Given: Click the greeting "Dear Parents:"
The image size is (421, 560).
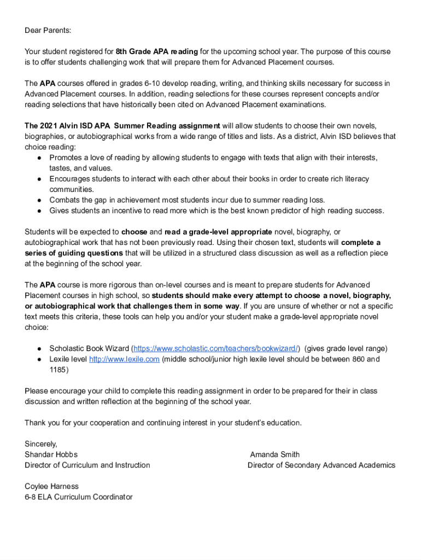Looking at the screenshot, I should point(48,31).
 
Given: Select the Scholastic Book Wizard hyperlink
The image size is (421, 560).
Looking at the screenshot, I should point(216,348).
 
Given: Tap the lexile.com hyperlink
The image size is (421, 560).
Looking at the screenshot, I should point(124,359).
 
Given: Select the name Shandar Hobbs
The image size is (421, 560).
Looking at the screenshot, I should point(51,454).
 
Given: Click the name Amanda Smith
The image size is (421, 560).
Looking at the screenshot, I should point(274,454).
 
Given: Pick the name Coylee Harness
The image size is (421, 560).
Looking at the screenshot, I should point(51,486).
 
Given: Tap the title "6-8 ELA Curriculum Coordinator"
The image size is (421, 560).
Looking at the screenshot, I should point(78,497).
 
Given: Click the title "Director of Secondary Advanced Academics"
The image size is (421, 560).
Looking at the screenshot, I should point(321,465).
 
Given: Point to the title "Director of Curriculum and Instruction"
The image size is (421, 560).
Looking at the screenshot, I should point(87,465).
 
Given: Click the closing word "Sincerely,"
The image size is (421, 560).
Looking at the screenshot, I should point(41,444).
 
